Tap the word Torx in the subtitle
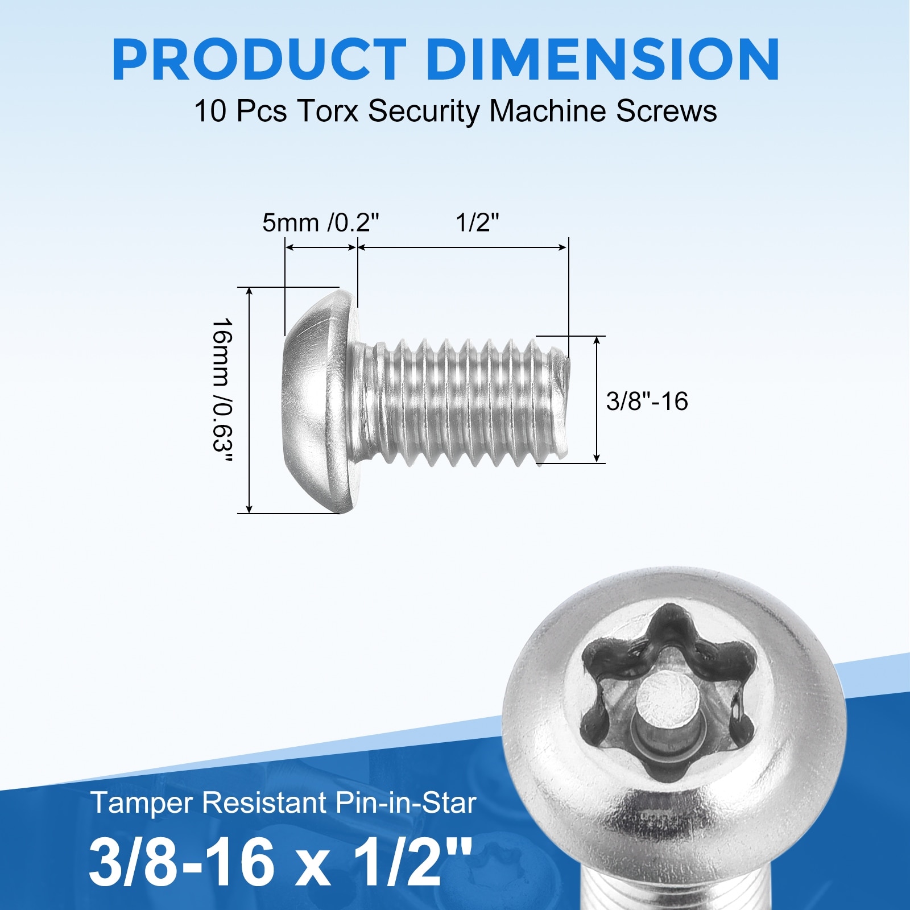[x=328, y=110]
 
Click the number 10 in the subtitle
[x=210, y=111]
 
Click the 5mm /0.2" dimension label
[x=320, y=222]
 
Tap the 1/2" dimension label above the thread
[x=477, y=222]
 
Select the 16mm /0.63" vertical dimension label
[x=222, y=392]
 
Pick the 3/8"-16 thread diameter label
[x=647, y=401]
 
